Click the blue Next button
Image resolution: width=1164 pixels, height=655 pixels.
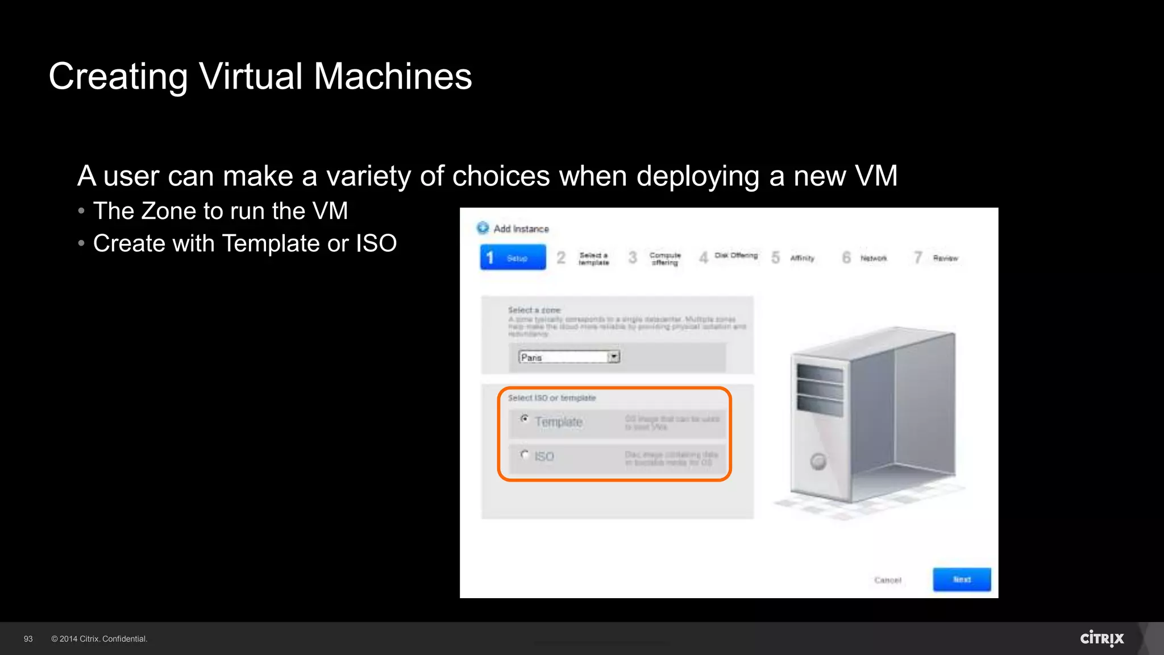[962, 579]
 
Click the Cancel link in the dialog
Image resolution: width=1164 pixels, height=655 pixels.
[888, 580]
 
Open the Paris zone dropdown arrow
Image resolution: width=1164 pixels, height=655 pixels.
[614, 357]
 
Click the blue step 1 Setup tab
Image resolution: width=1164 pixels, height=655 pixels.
[513, 258]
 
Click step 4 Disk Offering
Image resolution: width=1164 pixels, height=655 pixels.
[729, 256]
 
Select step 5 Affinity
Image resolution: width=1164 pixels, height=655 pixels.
[794, 258]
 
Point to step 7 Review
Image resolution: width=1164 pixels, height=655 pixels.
[937, 258]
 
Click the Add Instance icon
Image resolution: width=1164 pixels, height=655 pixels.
[483, 228]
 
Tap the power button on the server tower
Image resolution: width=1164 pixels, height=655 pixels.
[818, 461]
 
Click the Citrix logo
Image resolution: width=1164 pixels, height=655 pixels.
[1101, 638]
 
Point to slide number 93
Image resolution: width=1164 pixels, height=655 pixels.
[28, 639]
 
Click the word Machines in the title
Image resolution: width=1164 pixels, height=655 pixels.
[393, 76]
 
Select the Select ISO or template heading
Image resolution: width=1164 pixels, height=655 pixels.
[551, 398]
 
